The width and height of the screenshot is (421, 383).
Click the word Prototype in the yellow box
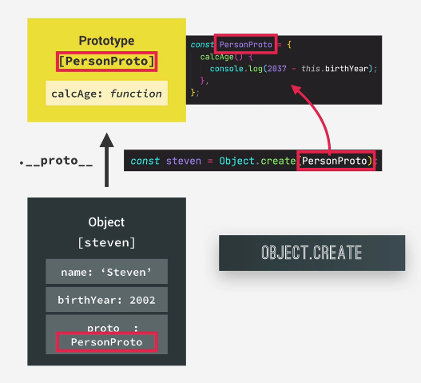pos(106,41)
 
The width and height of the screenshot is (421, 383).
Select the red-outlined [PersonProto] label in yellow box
pos(106,62)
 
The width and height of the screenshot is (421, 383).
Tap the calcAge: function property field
pos(106,94)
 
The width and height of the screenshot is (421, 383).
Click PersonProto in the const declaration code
pos(246,44)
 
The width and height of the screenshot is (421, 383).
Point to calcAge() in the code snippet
pos(221,57)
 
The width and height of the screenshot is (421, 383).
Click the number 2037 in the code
pos(277,69)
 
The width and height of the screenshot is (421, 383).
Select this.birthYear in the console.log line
pos(335,69)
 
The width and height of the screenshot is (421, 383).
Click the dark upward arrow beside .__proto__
pos(106,160)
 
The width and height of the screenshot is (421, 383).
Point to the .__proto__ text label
pos(56,161)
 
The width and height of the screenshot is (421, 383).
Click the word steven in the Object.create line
pos(184,161)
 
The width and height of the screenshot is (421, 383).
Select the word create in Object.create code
pos(278,161)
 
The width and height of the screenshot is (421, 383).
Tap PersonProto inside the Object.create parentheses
pos(335,161)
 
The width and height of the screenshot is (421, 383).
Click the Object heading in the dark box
pos(106,222)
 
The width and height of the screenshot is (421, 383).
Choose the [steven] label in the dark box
pos(106,243)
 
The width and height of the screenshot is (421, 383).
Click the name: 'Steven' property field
pos(106,272)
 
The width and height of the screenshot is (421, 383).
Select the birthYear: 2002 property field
pos(106,300)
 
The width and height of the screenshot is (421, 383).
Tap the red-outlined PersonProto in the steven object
pos(106,342)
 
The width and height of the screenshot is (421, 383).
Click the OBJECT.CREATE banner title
pos(312,253)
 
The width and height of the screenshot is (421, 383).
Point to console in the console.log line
pos(226,69)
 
